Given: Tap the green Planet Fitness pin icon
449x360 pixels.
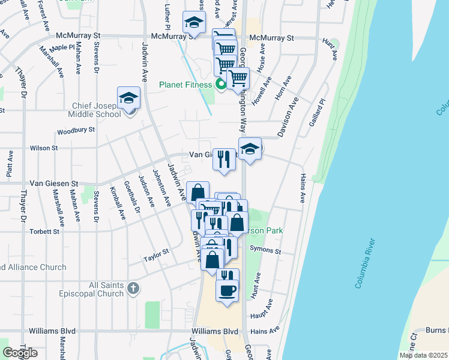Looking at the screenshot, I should (x=221, y=85).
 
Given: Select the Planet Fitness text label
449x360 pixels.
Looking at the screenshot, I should (x=186, y=85).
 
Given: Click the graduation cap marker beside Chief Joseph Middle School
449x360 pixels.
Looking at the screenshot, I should (x=128, y=98).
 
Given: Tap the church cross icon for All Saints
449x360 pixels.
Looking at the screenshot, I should (x=133, y=289).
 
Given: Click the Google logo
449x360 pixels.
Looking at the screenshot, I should (x=20, y=352).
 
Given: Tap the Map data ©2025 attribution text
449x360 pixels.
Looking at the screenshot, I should (x=423, y=355).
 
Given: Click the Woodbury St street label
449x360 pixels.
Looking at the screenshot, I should (x=76, y=130).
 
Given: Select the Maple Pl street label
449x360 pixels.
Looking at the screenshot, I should (x=62, y=47).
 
